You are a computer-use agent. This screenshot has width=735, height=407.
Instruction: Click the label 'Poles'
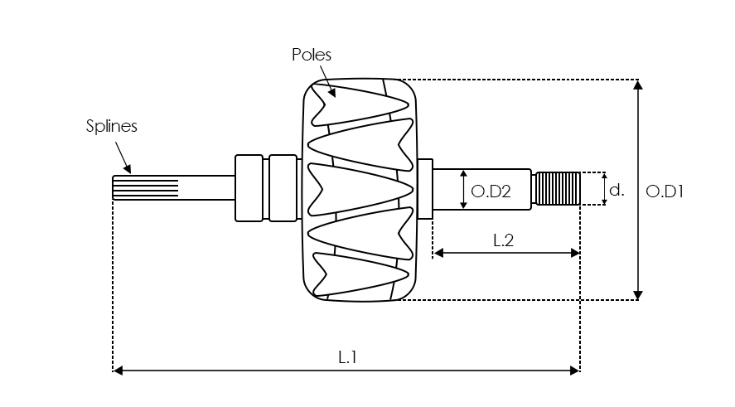(x=312, y=55)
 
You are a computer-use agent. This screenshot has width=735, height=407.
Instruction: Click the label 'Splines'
(x=111, y=126)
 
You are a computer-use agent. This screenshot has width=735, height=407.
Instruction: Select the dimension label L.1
(x=347, y=357)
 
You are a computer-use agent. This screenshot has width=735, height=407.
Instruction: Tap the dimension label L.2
(x=504, y=240)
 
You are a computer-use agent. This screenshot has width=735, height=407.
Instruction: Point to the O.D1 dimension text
(x=664, y=191)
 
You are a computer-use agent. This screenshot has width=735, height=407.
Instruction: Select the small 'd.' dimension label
(x=617, y=190)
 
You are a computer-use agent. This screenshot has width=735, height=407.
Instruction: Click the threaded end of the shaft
(x=557, y=188)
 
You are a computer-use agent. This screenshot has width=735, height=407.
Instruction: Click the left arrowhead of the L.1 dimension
(x=118, y=371)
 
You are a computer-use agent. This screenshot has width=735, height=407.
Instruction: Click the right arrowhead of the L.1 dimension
(x=574, y=371)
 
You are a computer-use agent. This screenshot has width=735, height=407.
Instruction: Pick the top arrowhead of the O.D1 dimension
(x=637, y=85)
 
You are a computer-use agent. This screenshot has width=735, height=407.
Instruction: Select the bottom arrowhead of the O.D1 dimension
(x=637, y=294)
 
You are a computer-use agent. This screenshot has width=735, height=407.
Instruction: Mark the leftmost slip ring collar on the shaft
(x=249, y=188)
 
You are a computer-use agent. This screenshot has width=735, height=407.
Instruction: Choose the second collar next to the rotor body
(x=283, y=188)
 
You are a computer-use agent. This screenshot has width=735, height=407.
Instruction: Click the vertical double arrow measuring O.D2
(x=463, y=190)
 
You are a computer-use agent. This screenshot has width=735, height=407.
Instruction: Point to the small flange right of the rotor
(x=425, y=189)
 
